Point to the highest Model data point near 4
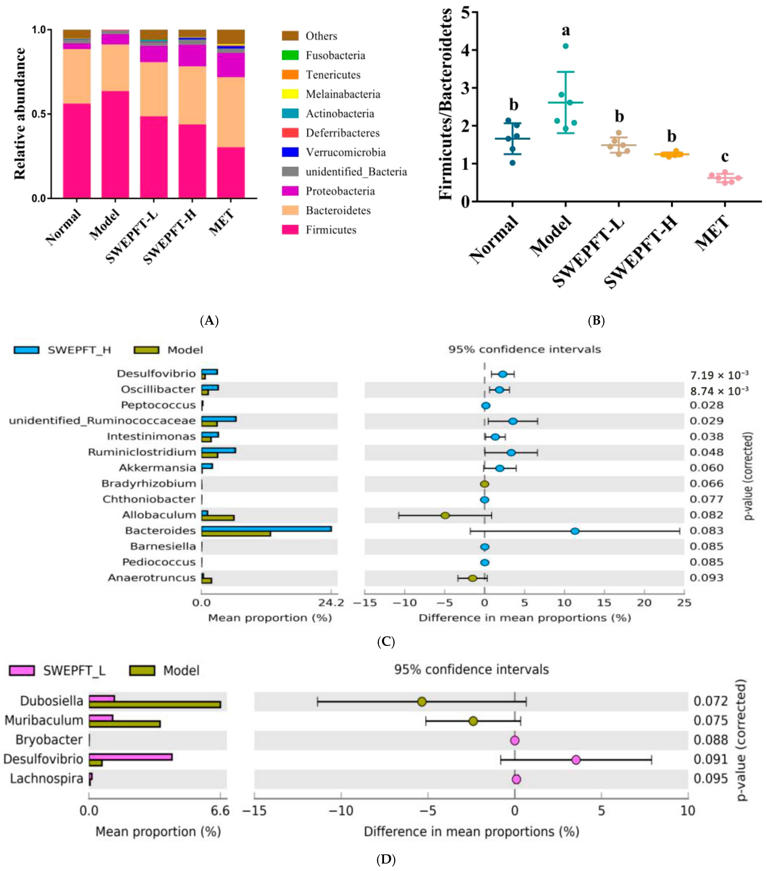click(565, 46)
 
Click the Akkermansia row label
click(157, 468)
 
